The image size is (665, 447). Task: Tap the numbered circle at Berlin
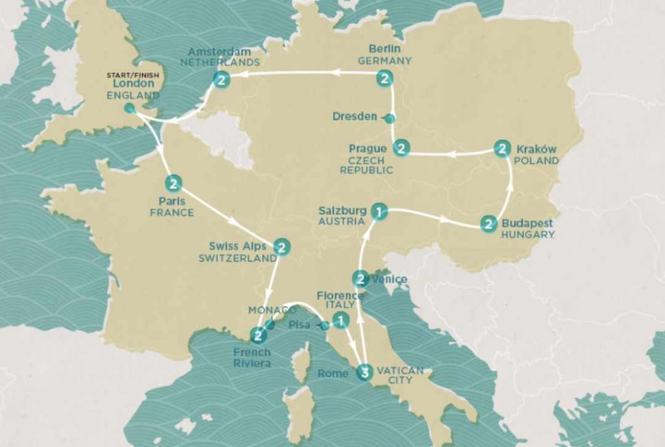[386, 79]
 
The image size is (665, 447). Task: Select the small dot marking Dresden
[389, 118]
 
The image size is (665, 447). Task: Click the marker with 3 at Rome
[364, 372]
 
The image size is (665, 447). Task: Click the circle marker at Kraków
[501, 148]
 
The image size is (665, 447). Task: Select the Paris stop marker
[173, 183]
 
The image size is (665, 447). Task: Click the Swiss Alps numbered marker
[281, 246]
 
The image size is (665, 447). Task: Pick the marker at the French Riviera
[258, 336]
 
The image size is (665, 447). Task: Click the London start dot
[129, 108]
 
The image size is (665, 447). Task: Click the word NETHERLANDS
[220, 62]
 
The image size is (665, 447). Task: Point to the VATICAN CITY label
[400, 375]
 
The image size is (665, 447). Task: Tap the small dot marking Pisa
[324, 325]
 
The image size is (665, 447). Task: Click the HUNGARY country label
[528, 235]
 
